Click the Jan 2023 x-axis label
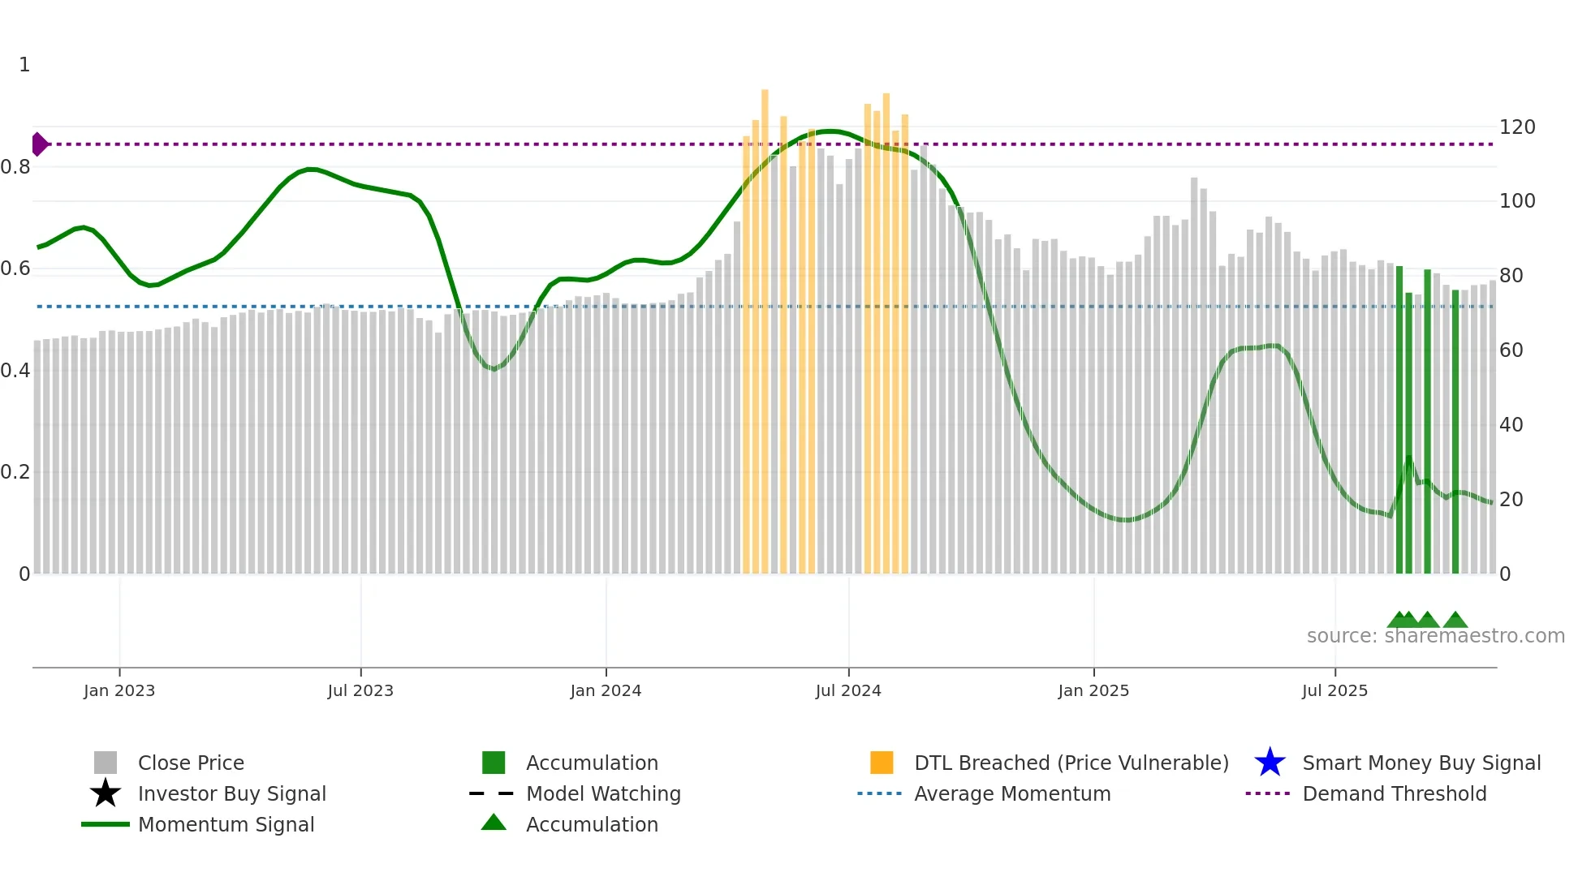(x=119, y=690)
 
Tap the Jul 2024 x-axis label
(x=848, y=690)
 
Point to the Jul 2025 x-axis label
(x=1334, y=690)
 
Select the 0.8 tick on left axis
(x=15, y=167)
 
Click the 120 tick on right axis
(x=1517, y=127)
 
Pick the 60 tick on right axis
(x=1511, y=350)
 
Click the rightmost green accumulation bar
(x=1455, y=430)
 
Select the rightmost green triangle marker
(x=1455, y=621)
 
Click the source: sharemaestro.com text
(x=1435, y=636)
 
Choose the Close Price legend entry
(x=191, y=763)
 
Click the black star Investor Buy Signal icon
(x=106, y=793)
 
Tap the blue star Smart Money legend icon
(x=1270, y=763)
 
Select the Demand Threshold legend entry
(x=1394, y=794)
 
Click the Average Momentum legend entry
(x=1011, y=794)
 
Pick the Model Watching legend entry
(x=602, y=794)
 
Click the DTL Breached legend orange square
(x=882, y=763)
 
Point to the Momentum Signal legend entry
(x=226, y=825)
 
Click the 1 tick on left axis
(x=24, y=65)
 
